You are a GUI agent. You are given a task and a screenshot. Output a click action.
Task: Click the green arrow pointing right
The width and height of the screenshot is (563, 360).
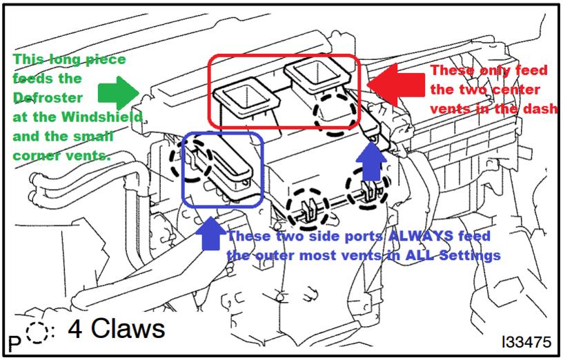[119, 93]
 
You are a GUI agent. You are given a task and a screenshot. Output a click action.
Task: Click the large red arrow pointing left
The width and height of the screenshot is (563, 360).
[395, 85]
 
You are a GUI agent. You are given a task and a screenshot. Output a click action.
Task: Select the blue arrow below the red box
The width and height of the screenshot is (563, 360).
[371, 161]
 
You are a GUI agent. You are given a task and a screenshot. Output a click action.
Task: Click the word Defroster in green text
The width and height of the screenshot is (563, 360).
[48, 98]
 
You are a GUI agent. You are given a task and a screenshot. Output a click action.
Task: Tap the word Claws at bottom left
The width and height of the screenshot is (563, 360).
[128, 328]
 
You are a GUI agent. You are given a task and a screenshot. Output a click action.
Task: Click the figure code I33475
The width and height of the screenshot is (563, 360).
[526, 342]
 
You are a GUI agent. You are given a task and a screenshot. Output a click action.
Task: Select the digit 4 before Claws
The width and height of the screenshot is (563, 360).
[75, 329]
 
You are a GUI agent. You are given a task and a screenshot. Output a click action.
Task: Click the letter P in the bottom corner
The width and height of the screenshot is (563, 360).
[14, 343]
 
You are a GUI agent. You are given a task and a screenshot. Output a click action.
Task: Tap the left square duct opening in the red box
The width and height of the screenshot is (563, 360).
[247, 94]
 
